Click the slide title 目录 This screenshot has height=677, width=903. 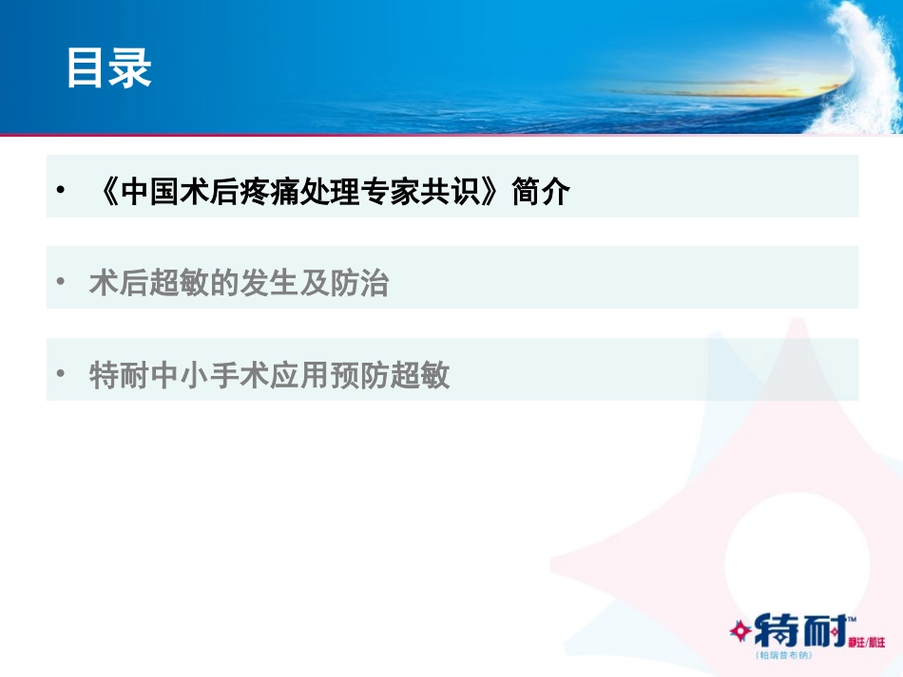(x=109, y=69)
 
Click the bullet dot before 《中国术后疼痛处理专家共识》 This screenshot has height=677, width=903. (x=61, y=192)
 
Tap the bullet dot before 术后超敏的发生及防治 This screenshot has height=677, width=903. (x=61, y=282)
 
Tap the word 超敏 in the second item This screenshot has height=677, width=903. (x=180, y=283)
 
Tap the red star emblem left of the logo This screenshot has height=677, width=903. (x=740, y=630)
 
